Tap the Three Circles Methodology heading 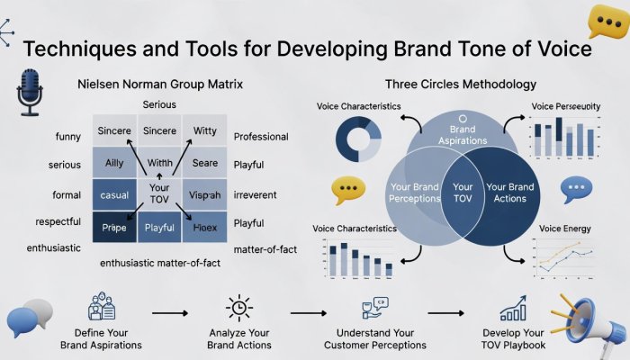461,85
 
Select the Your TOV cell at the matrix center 159,194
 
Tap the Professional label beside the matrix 261,137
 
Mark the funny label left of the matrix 68,137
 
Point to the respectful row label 57,221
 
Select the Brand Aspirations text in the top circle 462,136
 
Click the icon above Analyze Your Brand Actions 239,308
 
